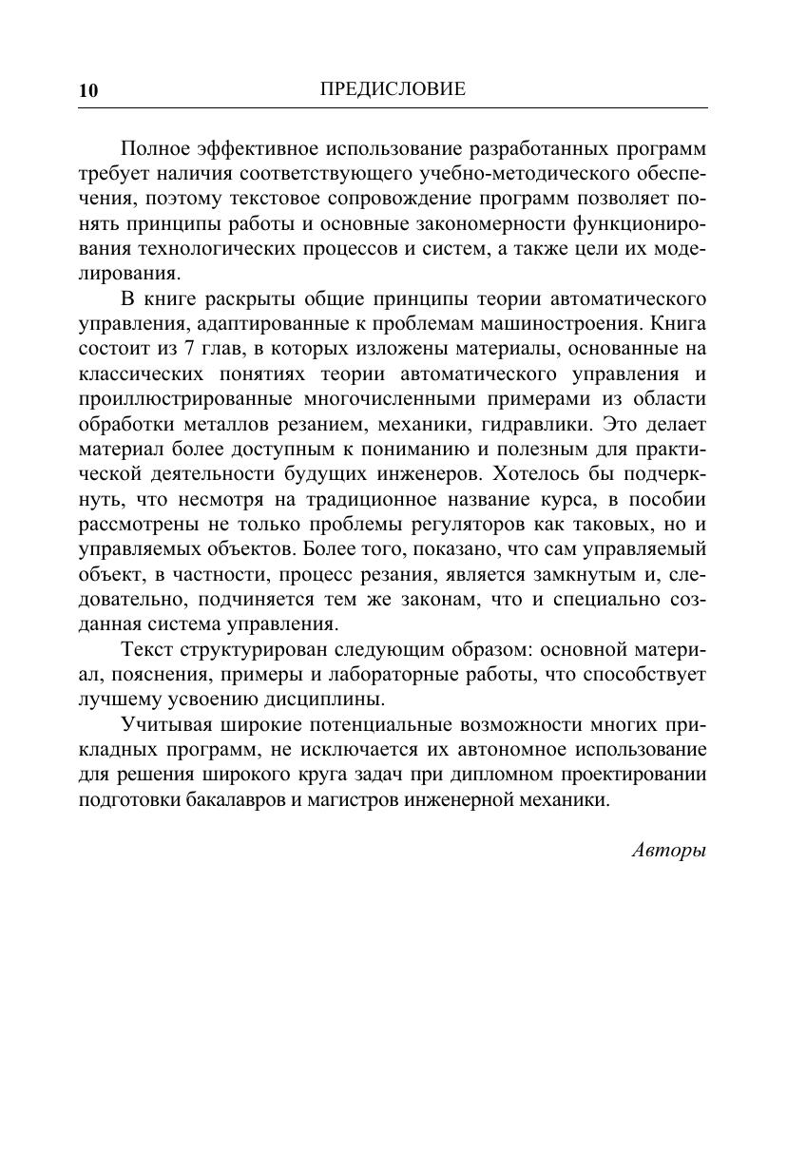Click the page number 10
[87, 91]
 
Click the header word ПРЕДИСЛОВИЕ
[393, 89]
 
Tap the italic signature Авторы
[669, 850]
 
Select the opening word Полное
[156, 150]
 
